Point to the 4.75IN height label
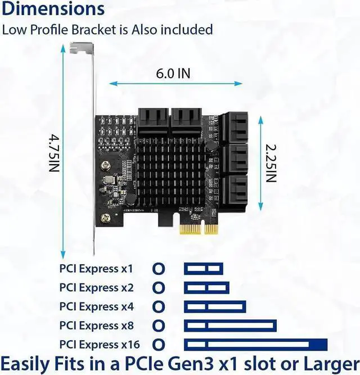coord(53,153)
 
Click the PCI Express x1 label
coord(96,268)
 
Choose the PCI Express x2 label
coord(96,287)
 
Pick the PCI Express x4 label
coord(96,306)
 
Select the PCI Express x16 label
coord(99,344)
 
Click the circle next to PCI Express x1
coord(159,269)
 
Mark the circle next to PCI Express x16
coord(159,344)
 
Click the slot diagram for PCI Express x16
coord(255,344)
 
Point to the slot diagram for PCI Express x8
coord(230,326)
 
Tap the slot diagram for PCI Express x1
coord(204,269)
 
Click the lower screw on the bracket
coord(105,218)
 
